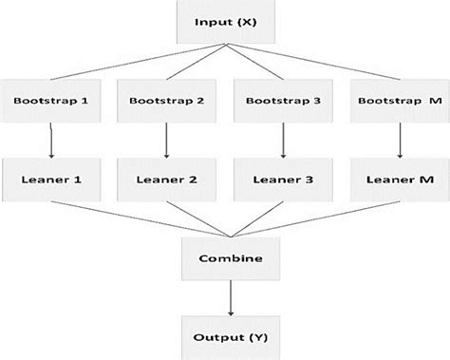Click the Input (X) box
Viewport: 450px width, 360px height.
tap(224, 21)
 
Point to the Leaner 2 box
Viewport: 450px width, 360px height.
tap(165, 179)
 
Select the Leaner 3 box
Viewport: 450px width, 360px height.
tap(282, 179)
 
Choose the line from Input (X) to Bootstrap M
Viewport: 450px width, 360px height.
tap(313, 61)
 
